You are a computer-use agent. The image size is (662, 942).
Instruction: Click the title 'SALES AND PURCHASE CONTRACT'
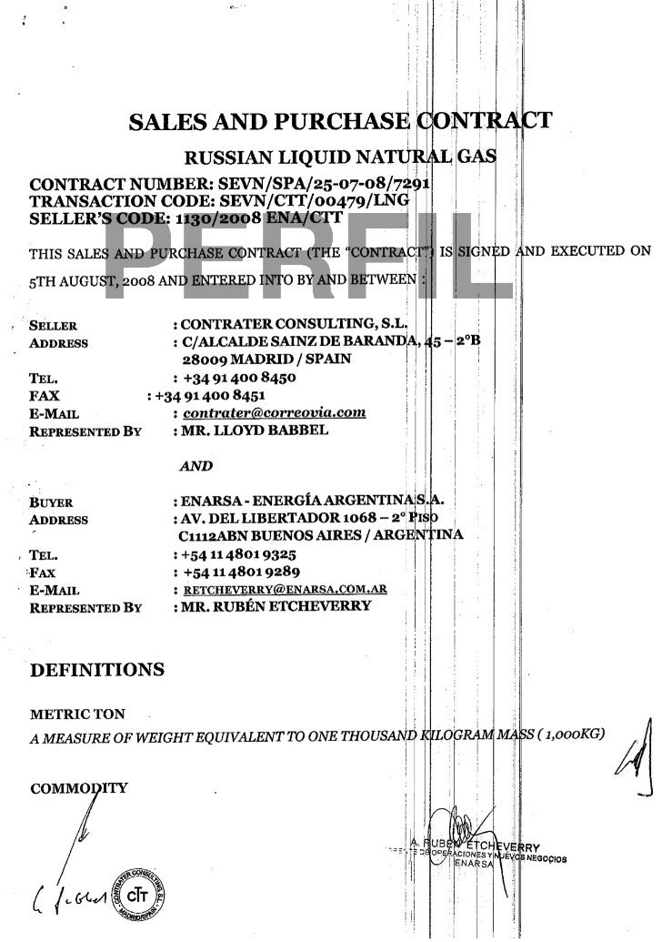pos(340,122)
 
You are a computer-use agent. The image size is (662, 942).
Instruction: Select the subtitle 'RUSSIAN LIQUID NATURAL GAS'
pos(340,157)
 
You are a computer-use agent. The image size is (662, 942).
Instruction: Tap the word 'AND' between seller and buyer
pos(196,465)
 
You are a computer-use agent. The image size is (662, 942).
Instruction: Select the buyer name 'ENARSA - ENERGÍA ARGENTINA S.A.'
pos(314,501)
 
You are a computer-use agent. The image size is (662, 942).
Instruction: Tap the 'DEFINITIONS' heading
pos(97,671)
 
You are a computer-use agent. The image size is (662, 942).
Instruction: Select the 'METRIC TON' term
pos(77,715)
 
